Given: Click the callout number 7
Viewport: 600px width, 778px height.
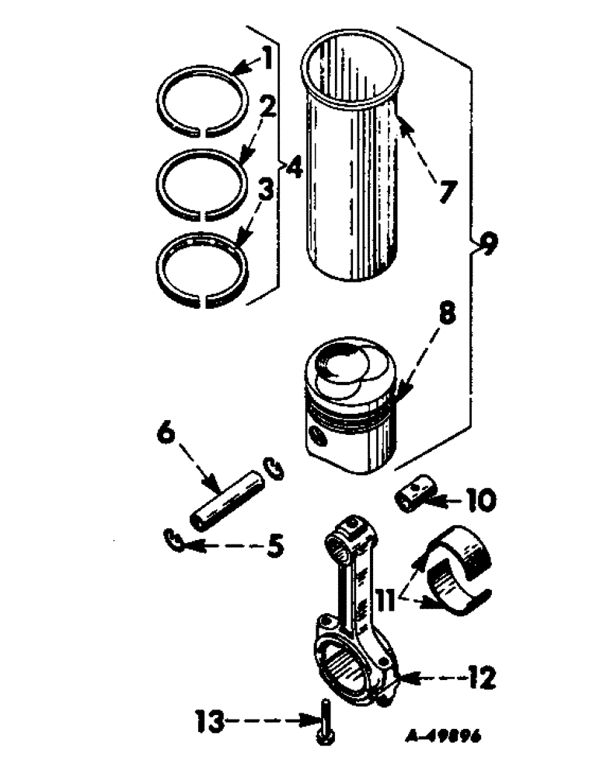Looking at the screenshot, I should tap(445, 191).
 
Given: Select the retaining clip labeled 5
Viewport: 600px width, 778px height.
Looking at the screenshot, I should tap(176, 541).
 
